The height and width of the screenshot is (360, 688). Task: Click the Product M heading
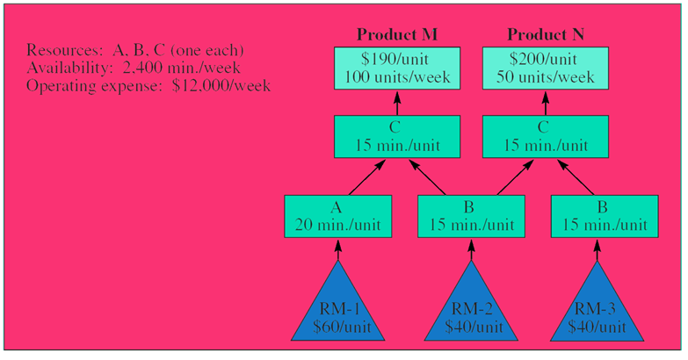(396, 34)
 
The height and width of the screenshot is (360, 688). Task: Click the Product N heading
(547, 34)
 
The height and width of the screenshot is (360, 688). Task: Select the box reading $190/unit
(396, 68)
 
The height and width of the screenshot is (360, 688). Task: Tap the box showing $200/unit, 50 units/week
(547, 68)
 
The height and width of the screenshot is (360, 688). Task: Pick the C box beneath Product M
(396, 139)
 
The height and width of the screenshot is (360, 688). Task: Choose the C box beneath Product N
(547, 139)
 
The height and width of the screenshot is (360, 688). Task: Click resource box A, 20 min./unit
(337, 215)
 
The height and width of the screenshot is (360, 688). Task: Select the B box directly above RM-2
(470, 215)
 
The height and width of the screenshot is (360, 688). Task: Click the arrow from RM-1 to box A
(337, 250)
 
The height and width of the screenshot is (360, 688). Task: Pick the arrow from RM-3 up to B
(602, 250)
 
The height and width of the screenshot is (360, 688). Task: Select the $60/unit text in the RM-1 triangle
(337, 328)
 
